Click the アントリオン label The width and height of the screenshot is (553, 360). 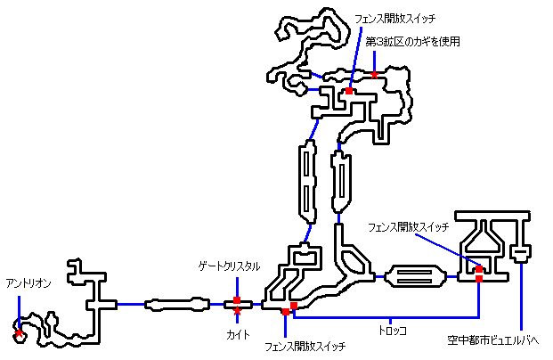click(x=28, y=282)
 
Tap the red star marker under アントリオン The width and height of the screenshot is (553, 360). click(x=19, y=334)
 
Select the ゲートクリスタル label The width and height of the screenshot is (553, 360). click(x=230, y=266)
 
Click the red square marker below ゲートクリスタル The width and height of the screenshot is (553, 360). click(x=237, y=300)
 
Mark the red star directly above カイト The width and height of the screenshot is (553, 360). click(x=237, y=311)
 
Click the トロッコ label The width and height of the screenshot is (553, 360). click(x=392, y=331)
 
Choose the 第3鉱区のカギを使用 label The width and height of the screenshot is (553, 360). click(x=412, y=41)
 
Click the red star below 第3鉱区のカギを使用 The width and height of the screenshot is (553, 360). click(x=376, y=73)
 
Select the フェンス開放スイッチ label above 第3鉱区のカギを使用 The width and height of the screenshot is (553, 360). click(x=394, y=18)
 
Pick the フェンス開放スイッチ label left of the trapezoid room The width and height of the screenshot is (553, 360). click(x=408, y=226)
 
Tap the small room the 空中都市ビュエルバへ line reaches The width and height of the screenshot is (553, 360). click(x=521, y=257)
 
